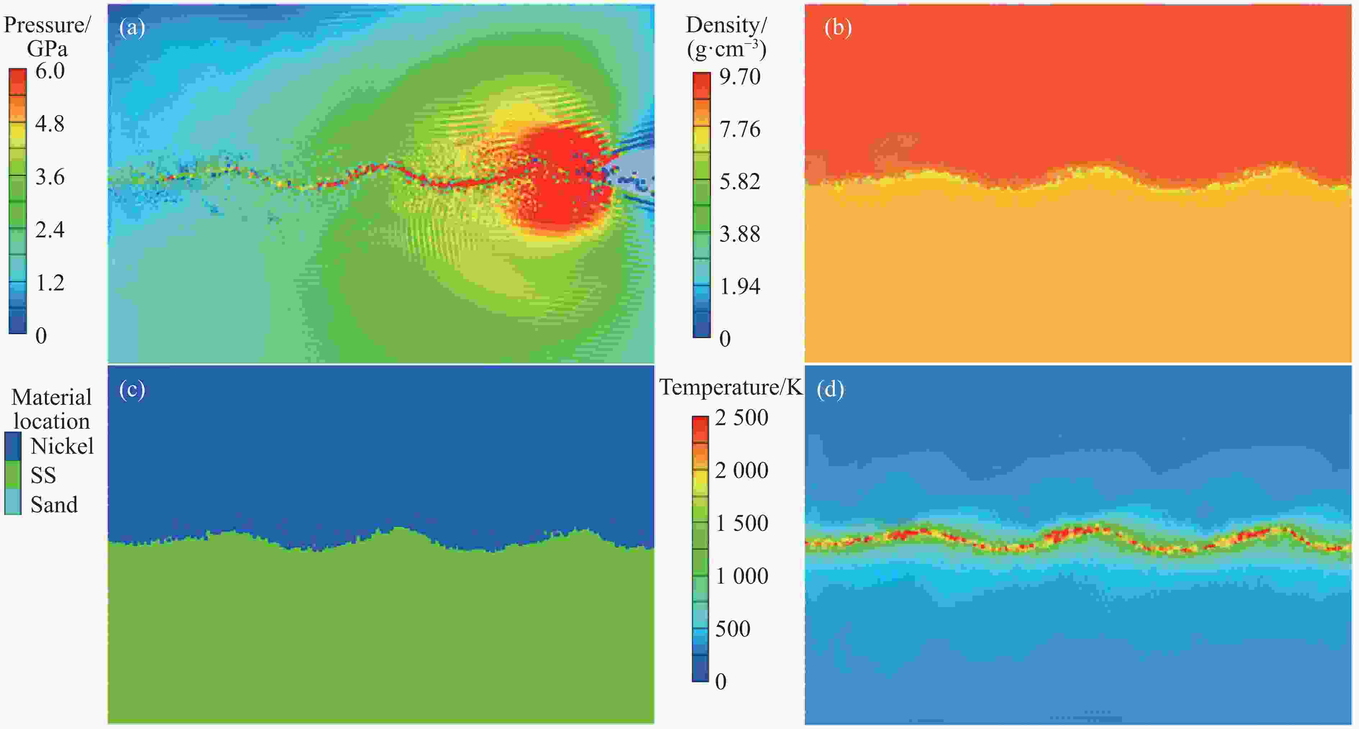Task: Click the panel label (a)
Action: pyautogui.click(x=132, y=27)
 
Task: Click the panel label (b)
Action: pyautogui.click(x=838, y=27)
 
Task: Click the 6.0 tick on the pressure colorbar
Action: pyautogui.click(x=50, y=71)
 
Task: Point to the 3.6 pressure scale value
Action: pyautogui.click(x=50, y=177)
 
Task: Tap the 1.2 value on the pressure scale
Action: pyautogui.click(x=50, y=283)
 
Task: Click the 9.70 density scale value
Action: pyautogui.click(x=740, y=77)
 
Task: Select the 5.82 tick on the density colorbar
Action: pyautogui.click(x=740, y=182)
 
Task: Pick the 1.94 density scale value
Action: pyautogui.click(x=740, y=286)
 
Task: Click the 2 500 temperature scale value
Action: pyautogui.click(x=741, y=418)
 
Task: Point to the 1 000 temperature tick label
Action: pyautogui.click(x=741, y=576)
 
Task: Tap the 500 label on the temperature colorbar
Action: pyautogui.click(x=732, y=629)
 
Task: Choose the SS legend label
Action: pyautogui.click(x=43, y=475)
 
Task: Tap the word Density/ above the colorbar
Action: pyautogui.click(x=726, y=25)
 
